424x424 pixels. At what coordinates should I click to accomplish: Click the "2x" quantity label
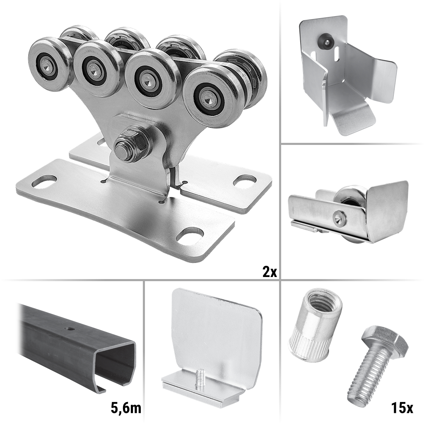pyautogui.click(x=270, y=272)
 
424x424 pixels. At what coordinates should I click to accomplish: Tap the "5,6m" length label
pyautogui.click(x=126, y=408)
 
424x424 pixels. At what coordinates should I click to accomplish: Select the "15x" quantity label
pyautogui.click(x=402, y=408)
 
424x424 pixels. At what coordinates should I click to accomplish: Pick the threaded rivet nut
pyautogui.click(x=315, y=325)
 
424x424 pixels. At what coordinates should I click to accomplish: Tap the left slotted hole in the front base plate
pyautogui.click(x=44, y=181)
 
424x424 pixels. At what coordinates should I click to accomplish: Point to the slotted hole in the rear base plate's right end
pyautogui.click(x=244, y=181)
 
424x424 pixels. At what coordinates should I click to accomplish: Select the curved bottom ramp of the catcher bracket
pyautogui.click(x=351, y=119)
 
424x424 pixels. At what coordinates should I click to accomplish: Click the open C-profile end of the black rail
pyautogui.click(x=116, y=363)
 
